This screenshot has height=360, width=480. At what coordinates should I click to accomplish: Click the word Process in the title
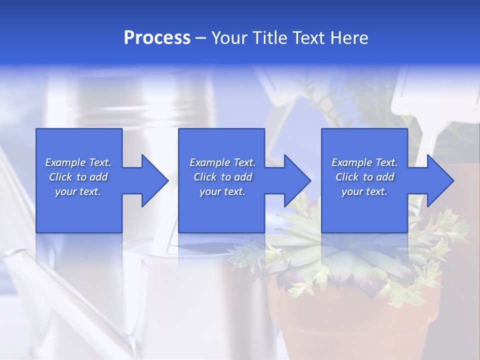(157, 38)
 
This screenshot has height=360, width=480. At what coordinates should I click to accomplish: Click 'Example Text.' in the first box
(78, 162)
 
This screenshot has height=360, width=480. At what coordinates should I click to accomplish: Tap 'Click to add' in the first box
(78, 177)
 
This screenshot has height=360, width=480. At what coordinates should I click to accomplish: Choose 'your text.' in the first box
(78, 191)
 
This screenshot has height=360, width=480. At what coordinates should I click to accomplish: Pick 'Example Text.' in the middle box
(222, 162)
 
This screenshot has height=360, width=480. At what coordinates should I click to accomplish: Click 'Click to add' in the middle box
(222, 177)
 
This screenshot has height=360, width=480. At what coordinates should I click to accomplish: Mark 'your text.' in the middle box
(222, 191)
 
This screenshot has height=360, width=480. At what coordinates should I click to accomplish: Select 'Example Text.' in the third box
(364, 162)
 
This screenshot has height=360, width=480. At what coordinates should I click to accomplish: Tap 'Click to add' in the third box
(364, 177)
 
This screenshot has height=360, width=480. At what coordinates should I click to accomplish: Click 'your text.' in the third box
(364, 191)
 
